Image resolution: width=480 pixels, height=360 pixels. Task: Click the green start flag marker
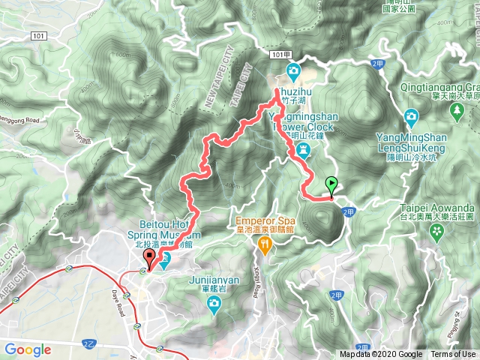click(x=331, y=184)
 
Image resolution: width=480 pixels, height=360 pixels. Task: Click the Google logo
click(x=28, y=349)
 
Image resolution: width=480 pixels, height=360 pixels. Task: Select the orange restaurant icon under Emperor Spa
click(x=263, y=245)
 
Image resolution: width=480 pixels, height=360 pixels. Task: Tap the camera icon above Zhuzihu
click(x=292, y=73)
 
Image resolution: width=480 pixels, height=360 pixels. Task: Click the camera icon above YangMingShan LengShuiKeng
click(x=411, y=116)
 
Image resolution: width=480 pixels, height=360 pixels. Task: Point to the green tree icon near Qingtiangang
click(x=457, y=112)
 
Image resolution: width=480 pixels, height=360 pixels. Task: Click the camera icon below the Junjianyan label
click(x=214, y=304)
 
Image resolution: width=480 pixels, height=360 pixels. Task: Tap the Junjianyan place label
click(x=214, y=278)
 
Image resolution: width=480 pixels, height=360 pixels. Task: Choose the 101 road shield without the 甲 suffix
click(x=39, y=35)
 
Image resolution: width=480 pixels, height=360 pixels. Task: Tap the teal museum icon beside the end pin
click(x=166, y=259)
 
